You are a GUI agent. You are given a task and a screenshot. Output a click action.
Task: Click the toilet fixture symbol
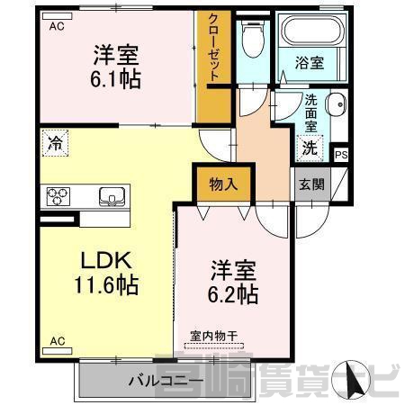(x=253, y=39)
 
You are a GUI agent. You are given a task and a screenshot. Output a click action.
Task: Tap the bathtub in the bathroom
(x=312, y=30)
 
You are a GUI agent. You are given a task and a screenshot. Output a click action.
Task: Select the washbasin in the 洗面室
(x=337, y=104)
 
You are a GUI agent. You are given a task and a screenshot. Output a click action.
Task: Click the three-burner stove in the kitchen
(x=58, y=196)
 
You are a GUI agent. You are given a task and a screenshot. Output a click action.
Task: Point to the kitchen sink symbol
(x=112, y=197)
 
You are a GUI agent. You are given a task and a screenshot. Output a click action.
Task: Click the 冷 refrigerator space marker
(x=56, y=143)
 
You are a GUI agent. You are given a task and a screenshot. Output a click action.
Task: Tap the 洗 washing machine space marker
(x=310, y=148)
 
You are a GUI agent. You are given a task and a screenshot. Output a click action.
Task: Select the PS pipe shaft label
(x=341, y=155)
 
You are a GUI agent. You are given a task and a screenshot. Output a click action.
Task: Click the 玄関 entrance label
(x=312, y=184)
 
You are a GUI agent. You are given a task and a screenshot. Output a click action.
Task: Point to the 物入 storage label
(x=223, y=184)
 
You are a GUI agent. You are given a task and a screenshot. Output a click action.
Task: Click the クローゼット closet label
(x=213, y=48)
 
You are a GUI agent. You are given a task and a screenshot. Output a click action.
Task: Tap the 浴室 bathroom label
(x=310, y=63)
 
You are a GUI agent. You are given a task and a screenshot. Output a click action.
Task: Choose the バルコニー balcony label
(x=166, y=381)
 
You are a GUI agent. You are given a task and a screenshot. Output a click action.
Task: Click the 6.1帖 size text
(x=115, y=78)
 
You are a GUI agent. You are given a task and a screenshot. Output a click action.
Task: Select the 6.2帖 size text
(x=233, y=294)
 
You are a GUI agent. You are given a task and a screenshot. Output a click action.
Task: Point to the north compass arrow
(x=352, y=378)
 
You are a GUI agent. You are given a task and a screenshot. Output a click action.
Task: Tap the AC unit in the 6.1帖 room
(x=58, y=16)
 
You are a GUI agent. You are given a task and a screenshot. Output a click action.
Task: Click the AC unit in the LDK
(x=58, y=351)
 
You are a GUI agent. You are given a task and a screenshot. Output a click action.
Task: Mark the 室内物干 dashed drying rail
(x=214, y=346)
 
